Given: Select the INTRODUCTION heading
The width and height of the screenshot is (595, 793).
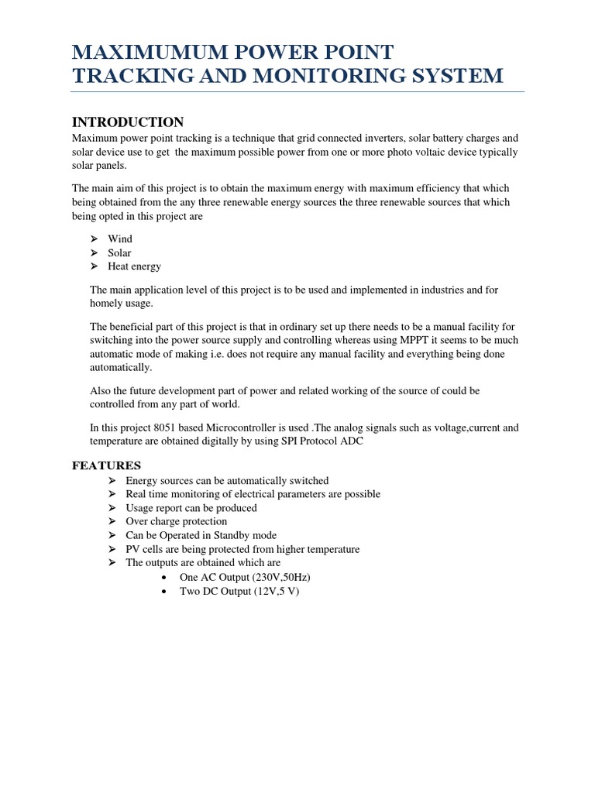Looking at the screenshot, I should pos(128,122).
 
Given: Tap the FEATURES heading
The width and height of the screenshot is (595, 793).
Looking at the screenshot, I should pos(107,465).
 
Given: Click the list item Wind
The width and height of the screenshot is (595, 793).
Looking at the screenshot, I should pos(120,239).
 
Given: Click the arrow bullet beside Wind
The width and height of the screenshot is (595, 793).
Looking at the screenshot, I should pos(93,239).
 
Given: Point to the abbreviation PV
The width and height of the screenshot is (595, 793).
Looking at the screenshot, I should pos(133,549).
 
